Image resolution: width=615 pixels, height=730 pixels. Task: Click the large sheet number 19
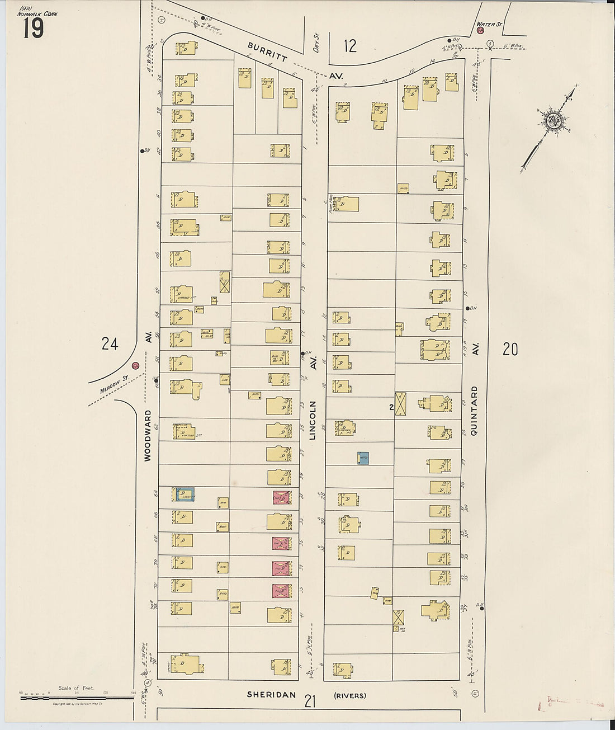33,28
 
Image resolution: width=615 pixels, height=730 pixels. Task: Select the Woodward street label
148,436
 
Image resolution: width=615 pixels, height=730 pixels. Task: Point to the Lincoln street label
313,420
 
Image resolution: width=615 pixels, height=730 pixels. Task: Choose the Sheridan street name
271,695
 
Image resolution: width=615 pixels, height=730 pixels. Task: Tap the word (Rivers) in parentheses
350,696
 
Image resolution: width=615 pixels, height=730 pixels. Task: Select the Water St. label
490,24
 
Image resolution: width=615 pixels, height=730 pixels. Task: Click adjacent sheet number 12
349,46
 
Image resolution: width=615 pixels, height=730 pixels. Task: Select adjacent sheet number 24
110,343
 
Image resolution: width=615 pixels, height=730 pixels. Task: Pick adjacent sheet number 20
510,349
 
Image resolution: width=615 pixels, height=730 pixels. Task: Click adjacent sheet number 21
311,700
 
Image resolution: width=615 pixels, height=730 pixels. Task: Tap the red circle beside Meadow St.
135,366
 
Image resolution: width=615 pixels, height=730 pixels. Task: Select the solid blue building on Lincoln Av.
363,458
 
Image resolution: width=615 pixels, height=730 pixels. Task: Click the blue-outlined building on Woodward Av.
185,494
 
